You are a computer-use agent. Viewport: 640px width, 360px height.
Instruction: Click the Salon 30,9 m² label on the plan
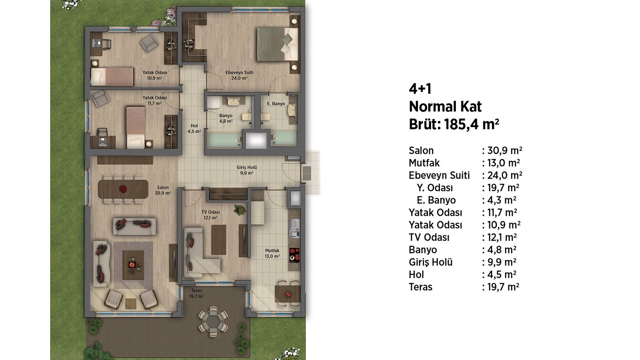[163, 190]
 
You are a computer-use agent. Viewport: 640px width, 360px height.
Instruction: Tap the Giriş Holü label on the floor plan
[246, 167]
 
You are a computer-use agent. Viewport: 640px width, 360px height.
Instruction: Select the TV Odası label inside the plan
[210, 212]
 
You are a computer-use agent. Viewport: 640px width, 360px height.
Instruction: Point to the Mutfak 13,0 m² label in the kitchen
[272, 253]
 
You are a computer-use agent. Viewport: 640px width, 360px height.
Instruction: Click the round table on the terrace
[213, 321]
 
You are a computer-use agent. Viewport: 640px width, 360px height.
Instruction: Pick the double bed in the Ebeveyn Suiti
[277, 45]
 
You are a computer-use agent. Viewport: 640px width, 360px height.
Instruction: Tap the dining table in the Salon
[123, 189]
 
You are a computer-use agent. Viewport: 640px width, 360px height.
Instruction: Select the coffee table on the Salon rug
[133, 265]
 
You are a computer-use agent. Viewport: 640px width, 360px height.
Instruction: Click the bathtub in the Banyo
[224, 140]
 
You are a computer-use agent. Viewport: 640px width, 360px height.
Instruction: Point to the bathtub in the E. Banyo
[284, 138]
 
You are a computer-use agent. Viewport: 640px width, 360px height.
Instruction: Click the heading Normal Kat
[445, 107]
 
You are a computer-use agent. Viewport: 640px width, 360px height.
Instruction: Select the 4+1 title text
[420, 89]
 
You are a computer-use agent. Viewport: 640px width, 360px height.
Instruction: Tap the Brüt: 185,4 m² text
[454, 125]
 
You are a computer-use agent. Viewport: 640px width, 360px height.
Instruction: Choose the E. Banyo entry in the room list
[436, 200]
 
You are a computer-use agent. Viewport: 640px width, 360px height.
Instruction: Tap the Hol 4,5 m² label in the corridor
[194, 129]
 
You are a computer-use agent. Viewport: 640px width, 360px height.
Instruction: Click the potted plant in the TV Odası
[239, 210]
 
